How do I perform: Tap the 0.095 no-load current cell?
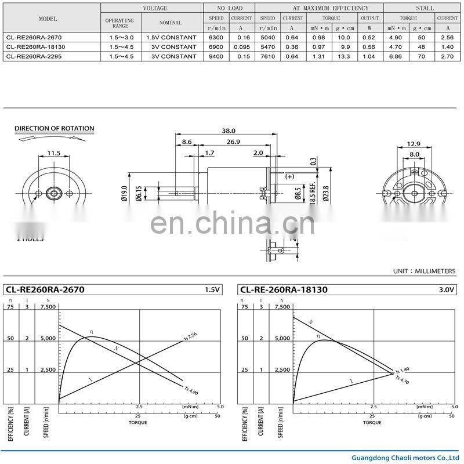pos(241,46)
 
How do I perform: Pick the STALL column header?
pos(425,8)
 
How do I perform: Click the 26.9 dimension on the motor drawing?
pos(234,142)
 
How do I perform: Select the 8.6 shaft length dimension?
pos(186,142)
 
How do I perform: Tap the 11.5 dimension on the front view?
pos(53,153)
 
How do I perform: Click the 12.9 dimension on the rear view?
pos(413,144)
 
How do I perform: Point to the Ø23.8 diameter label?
pos(325,193)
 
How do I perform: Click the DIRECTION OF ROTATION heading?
pos(54,129)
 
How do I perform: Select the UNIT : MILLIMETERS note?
pos(424,271)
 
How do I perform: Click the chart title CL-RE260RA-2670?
pos(45,289)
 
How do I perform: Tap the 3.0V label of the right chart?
pos(446,289)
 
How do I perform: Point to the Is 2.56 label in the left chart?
pos(191,336)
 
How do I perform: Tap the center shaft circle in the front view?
pos(53,193)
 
